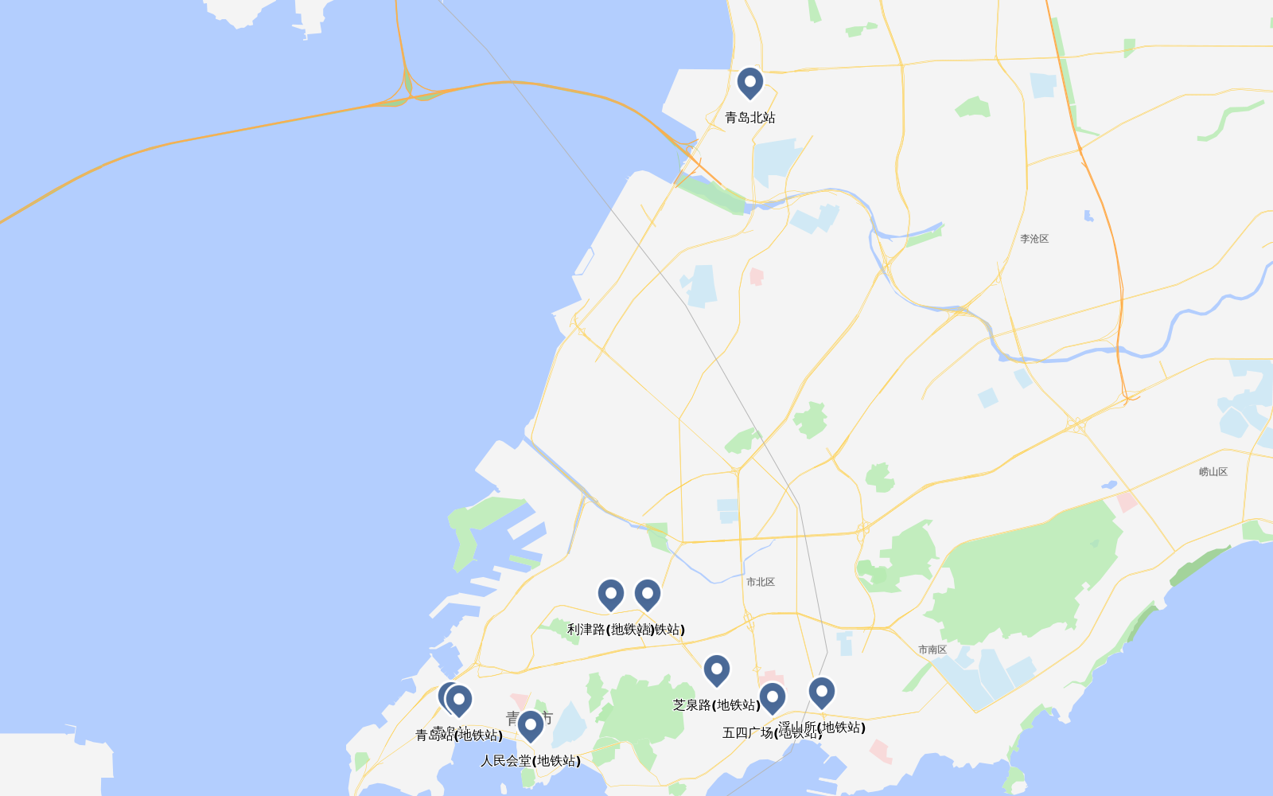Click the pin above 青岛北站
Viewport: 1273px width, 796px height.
click(749, 83)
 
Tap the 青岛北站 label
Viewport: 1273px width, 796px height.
click(749, 118)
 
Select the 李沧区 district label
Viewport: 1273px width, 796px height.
click(1034, 239)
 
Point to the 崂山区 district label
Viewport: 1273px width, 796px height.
click(1213, 472)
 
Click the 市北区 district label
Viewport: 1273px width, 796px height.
click(761, 582)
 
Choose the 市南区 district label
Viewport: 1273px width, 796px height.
click(932, 650)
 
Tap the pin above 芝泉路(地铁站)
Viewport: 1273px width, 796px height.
click(716, 670)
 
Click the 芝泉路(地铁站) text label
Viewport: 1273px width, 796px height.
click(716, 705)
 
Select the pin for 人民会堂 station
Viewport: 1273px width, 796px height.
click(531, 726)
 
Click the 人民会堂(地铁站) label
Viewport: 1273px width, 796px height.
click(531, 761)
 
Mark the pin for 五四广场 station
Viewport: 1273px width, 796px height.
click(772, 698)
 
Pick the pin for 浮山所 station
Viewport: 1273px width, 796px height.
click(822, 693)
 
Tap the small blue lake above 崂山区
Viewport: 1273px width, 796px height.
click(1109, 485)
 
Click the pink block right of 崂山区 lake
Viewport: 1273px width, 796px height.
click(1127, 501)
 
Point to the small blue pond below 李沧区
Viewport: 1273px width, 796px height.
click(1088, 216)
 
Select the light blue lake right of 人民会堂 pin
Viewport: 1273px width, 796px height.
click(570, 724)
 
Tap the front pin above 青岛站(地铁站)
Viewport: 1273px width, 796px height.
click(459, 700)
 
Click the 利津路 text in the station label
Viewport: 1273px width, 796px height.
click(586, 630)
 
